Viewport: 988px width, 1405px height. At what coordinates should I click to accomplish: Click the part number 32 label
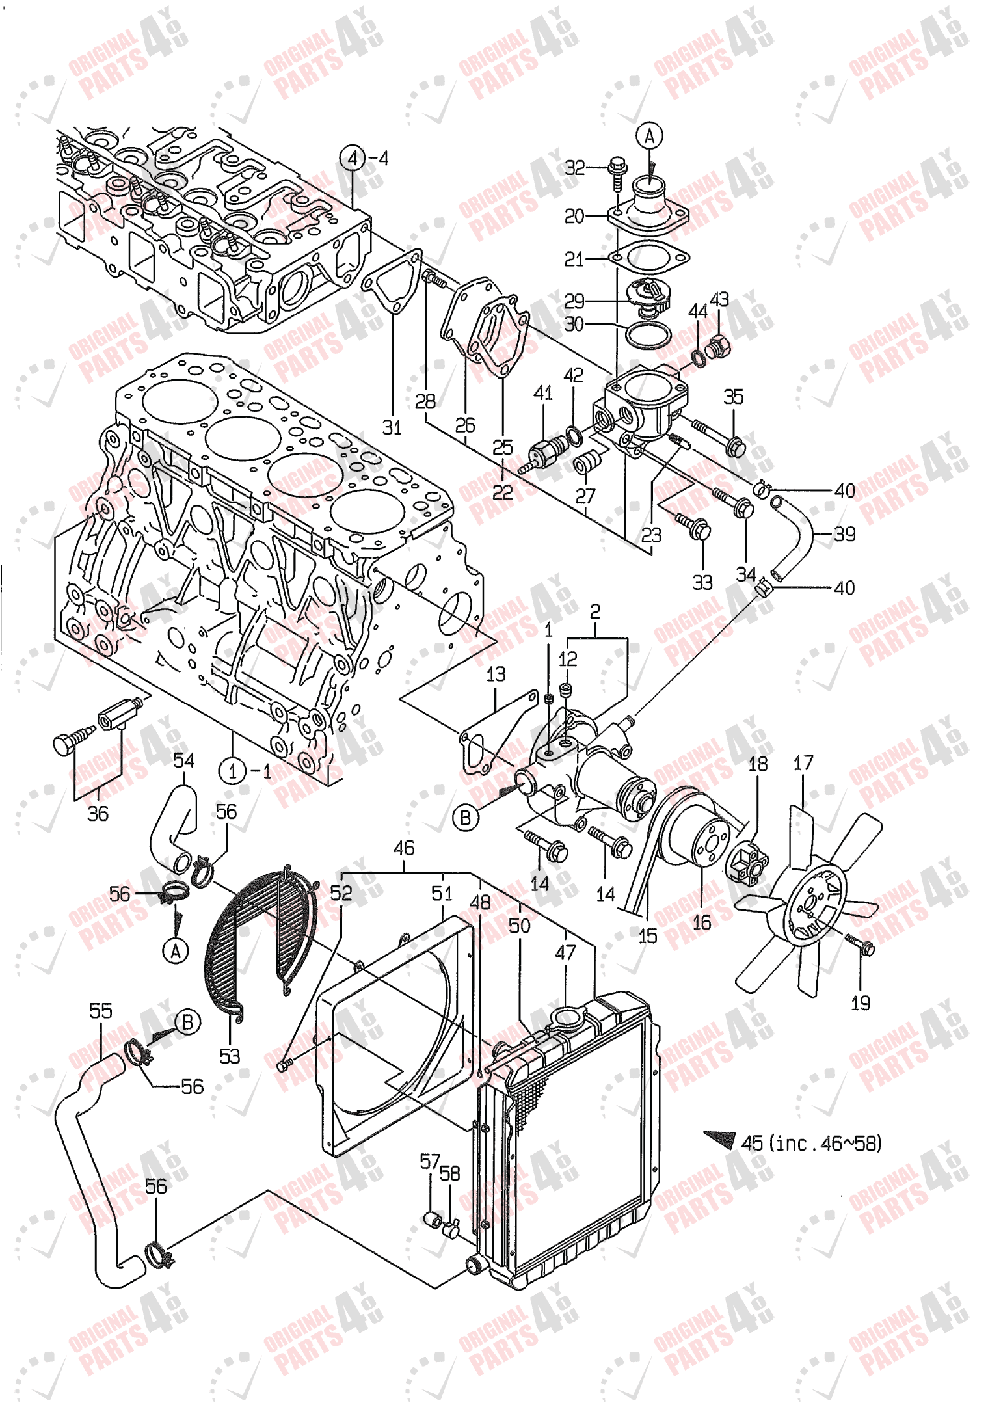click(x=574, y=168)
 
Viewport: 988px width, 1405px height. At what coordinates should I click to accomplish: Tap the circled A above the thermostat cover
click(x=648, y=136)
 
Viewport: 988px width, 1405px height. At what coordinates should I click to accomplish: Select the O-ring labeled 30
click(x=648, y=335)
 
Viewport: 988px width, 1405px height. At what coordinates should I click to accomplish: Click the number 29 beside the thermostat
click(x=574, y=301)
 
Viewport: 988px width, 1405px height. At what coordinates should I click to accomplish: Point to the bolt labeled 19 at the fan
click(x=866, y=946)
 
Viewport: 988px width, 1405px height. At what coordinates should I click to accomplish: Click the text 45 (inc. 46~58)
click(x=811, y=1143)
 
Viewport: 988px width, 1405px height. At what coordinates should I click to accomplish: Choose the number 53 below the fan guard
click(x=230, y=1056)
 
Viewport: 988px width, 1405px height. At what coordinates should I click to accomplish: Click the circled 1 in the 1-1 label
click(x=232, y=771)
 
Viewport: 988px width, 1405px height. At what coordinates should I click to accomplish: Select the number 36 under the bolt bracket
click(x=98, y=813)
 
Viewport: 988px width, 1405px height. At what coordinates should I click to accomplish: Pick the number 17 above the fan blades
click(x=803, y=762)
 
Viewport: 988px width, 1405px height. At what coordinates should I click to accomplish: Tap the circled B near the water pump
click(x=465, y=818)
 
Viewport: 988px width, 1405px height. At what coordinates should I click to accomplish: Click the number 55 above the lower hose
click(x=100, y=1010)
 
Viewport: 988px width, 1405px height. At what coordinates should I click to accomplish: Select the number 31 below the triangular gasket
click(x=392, y=427)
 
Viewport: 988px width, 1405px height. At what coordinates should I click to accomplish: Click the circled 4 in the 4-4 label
click(x=352, y=158)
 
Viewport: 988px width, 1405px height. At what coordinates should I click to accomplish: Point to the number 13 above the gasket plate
click(x=496, y=674)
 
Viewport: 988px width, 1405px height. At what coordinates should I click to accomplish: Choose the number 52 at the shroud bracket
click(x=341, y=893)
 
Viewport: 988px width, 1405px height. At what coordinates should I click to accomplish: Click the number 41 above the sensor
click(x=542, y=392)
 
